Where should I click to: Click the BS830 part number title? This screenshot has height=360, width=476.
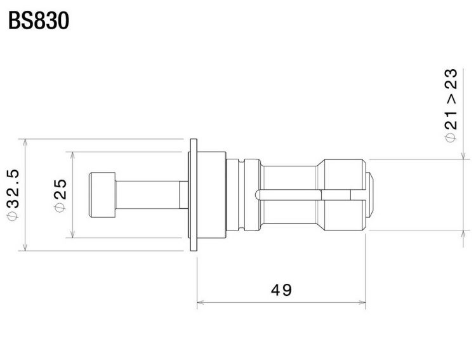(x=39, y=21)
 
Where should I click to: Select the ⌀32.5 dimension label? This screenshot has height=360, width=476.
(x=13, y=194)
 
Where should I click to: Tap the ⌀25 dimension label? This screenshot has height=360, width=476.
(x=60, y=196)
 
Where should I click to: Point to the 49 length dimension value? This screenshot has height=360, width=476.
(x=281, y=290)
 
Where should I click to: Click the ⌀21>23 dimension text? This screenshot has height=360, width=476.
(x=451, y=105)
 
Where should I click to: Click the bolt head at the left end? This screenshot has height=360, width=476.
(x=102, y=195)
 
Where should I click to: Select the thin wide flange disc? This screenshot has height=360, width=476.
(x=194, y=195)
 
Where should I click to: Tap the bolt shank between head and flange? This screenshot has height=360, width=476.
(x=152, y=195)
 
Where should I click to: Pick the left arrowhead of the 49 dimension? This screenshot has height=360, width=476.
(x=201, y=302)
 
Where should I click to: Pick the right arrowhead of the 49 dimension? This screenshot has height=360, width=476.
(x=362, y=302)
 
